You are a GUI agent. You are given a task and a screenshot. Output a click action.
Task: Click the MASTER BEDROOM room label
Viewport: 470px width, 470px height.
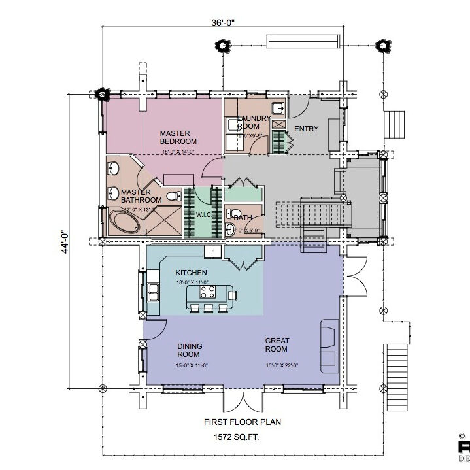point(178,137)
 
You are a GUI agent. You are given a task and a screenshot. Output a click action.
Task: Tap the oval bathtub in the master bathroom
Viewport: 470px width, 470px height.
point(124,222)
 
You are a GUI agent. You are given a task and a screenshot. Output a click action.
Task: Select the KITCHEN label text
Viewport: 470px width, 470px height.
point(192,272)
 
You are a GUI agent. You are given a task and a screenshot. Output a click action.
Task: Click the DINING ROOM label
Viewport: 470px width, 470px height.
point(190,350)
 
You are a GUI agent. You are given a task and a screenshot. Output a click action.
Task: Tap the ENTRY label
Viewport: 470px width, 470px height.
point(306,129)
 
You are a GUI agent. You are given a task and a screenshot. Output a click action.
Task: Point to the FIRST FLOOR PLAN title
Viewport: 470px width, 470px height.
point(242,422)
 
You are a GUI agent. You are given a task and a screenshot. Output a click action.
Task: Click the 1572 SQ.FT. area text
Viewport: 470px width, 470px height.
point(241,436)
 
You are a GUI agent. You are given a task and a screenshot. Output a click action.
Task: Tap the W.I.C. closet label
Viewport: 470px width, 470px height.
point(204,214)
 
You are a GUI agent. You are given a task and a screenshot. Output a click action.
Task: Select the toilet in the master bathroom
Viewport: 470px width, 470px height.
point(173,196)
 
